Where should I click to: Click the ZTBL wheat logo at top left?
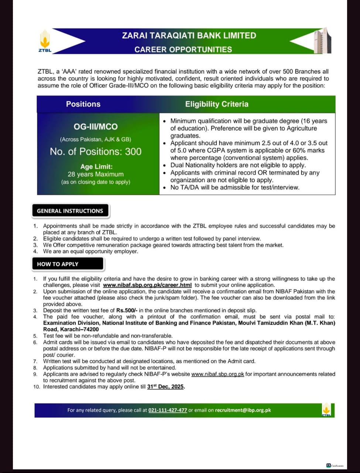45,41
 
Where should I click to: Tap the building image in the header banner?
322,41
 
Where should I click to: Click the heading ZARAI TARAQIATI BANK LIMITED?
189,35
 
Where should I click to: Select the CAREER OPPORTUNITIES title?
183,50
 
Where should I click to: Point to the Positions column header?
83,104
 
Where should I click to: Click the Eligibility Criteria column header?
217,104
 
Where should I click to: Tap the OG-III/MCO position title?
96,127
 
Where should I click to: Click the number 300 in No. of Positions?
133,152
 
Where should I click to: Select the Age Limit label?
96,167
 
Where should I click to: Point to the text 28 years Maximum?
96,174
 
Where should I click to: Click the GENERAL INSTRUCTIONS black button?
70,211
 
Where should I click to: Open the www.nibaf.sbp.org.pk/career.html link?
147,285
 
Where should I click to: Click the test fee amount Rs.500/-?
127,310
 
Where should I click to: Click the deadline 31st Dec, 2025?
165,387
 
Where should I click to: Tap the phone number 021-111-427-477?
168,410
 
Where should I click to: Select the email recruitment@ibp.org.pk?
243,410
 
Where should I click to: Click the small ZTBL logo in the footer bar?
326,410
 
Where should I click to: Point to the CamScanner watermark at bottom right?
335,466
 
